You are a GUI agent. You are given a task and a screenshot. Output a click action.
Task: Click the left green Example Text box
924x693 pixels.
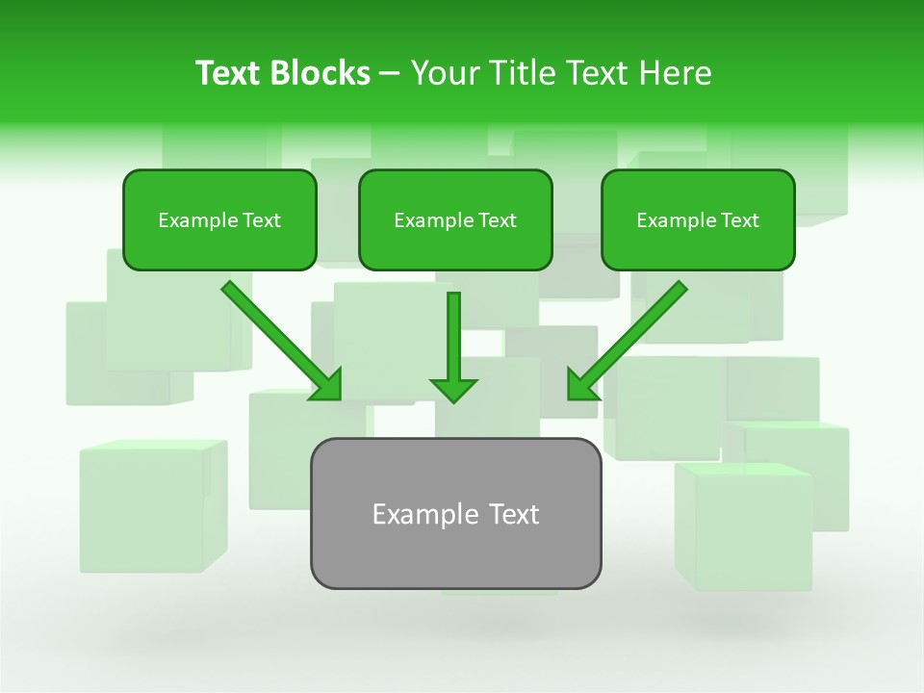(219, 220)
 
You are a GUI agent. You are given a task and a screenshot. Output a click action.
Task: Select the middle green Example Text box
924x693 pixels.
(455, 220)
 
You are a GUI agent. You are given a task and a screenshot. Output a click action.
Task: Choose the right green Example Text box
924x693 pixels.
(698, 220)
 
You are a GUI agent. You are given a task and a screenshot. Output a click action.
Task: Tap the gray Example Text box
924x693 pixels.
(455, 513)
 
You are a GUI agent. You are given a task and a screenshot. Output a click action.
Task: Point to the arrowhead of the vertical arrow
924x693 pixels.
(453, 389)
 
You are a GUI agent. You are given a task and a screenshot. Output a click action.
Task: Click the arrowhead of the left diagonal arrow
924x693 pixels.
(327, 385)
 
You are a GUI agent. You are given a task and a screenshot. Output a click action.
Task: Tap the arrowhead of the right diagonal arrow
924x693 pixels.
(580, 385)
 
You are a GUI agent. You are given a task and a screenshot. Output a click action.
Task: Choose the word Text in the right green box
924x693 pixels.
(739, 220)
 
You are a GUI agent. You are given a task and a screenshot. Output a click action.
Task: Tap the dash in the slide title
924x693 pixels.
(390, 74)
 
